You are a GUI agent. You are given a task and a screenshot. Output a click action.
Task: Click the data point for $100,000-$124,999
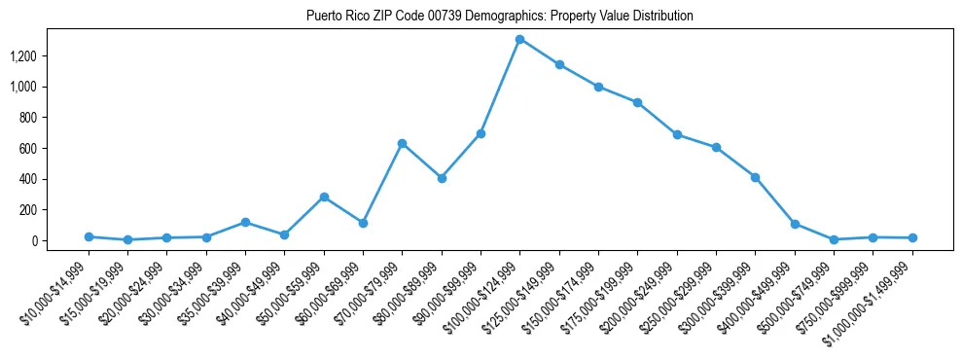(x=520, y=39)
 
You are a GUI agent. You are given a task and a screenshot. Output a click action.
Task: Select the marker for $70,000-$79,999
(x=402, y=143)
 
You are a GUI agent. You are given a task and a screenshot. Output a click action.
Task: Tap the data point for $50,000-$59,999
(x=324, y=197)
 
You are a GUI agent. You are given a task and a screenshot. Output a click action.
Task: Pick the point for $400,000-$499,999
(x=795, y=224)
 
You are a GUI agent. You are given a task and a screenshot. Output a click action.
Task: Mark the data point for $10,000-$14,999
(x=89, y=236)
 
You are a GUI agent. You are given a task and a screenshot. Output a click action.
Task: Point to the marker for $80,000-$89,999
(x=442, y=178)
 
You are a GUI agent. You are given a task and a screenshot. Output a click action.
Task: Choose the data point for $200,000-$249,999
(x=677, y=134)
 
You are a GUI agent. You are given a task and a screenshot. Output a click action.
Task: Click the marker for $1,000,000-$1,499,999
(x=912, y=237)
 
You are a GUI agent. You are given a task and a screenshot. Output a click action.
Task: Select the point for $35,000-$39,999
(x=245, y=222)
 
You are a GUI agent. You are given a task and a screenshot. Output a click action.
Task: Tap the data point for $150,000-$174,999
(x=598, y=87)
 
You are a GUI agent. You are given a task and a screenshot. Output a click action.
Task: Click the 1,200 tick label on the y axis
(x=22, y=56)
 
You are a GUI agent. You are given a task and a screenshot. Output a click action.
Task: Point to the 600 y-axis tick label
(x=28, y=149)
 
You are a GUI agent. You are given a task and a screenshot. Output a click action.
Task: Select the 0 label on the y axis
(x=34, y=241)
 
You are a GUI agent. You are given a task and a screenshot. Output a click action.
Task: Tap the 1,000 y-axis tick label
(x=22, y=88)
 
